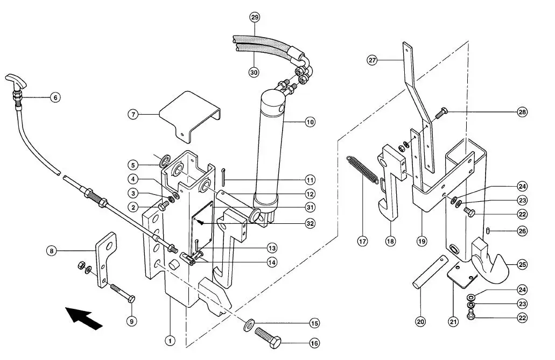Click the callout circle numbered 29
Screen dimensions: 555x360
(x=255, y=17)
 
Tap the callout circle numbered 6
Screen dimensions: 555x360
(x=55, y=97)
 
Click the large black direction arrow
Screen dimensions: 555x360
(x=83, y=318)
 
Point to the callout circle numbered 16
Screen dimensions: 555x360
(x=314, y=343)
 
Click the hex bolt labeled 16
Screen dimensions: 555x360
(x=268, y=338)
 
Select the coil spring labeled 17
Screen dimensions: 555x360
(x=362, y=170)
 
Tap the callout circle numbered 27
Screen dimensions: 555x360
(x=372, y=60)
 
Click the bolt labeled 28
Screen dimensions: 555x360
(x=440, y=114)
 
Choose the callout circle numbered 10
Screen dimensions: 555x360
(x=310, y=122)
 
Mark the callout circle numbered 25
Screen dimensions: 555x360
(x=522, y=264)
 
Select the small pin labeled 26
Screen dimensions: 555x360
(x=488, y=231)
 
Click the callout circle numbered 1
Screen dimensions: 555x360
(x=170, y=341)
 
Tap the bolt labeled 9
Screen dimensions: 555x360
(x=123, y=293)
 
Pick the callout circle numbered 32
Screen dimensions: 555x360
(x=310, y=224)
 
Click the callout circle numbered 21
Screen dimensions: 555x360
(x=453, y=321)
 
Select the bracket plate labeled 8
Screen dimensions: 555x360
(x=105, y=260)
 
